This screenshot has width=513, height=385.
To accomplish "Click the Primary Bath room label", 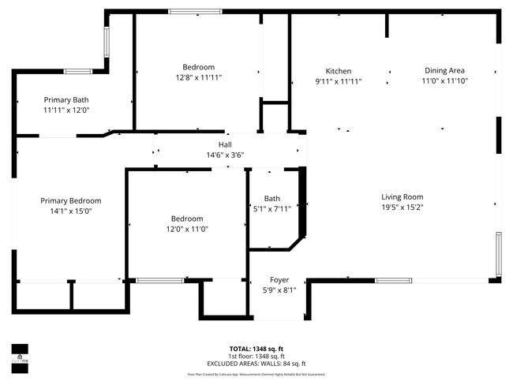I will [66, 100].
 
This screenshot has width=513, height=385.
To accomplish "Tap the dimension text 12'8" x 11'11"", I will [198, 78].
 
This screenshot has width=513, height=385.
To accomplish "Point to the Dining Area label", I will [444, 71].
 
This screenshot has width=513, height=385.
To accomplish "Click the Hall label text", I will [225, 145].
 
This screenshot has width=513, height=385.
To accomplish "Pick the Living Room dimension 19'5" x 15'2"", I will [403, 207].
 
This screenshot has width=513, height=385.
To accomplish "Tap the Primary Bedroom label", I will [71, 201].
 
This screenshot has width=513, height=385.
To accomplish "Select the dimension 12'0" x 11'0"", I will [187, 229].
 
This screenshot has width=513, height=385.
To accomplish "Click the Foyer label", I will [279, 280].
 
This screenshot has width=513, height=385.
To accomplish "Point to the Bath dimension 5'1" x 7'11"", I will [272, 209].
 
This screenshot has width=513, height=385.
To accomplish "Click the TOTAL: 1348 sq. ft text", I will [256, 348].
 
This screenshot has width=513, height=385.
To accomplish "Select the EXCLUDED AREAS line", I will [256, 364].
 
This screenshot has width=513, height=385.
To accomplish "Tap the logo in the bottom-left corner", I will [20, 352].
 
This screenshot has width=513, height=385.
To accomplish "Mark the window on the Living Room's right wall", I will [497, 256].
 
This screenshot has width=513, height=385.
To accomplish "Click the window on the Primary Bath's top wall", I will [78, 72].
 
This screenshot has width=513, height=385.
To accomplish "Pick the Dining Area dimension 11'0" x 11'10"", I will [444, 81].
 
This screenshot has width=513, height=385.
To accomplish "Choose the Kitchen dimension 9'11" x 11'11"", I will [339, 81].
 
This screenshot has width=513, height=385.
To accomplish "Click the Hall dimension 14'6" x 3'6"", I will [225, 155].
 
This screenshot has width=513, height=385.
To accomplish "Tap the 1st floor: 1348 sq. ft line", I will [256, 356].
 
